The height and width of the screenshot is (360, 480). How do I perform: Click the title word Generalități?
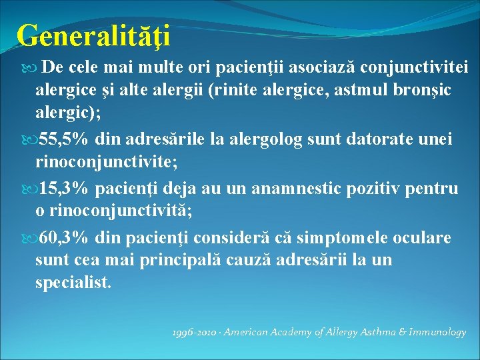93,35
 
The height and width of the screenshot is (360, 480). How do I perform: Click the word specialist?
73,282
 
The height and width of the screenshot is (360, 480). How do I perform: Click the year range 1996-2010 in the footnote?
194,332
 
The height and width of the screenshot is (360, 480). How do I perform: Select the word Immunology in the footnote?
437,332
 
